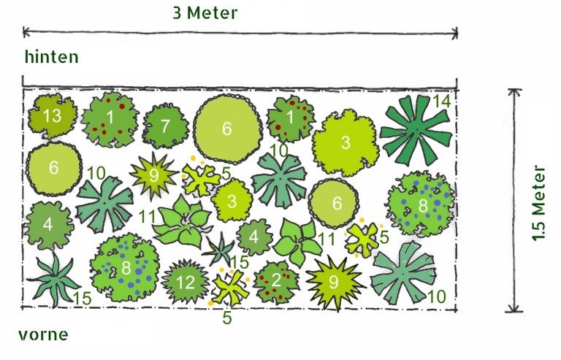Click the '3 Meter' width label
click(x=205, y=13)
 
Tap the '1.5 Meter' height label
click(x=539, y=203)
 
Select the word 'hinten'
click(x=52, y=57)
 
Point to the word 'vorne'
click(x=43, y=335)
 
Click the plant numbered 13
click(x=53, y=116)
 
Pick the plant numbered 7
click(x=166, y=126)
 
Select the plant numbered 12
click(x=185, y=282)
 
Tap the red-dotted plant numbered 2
click(x=276, y=281)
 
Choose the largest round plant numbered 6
click(x=228, y=129)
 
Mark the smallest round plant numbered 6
click(x=333, y=203)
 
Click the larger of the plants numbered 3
click(x=346, y=142)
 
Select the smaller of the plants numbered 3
click(x=232, y=201)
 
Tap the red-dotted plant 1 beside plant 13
click(x=110, y=120)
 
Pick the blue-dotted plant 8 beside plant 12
click(x=125, y=267)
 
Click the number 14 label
click(x=442, y=102)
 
